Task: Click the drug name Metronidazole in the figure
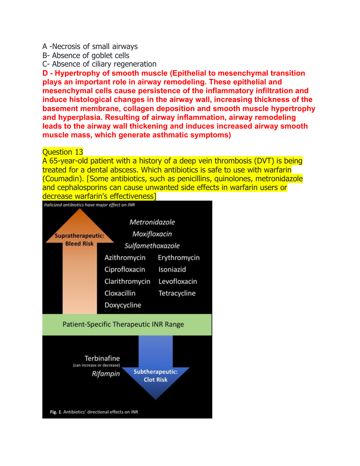point(152,222)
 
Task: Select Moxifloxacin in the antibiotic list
point(152,234)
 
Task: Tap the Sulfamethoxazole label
point(152,246)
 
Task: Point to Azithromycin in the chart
point(125,258)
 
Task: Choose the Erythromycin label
point(178,258)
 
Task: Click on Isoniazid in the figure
point(172,269)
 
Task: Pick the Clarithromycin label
point(127,281)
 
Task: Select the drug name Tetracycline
point(177,293)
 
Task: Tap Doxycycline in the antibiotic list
point(123,305)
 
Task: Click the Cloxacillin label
point(120,293)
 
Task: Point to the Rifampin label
point(106,374)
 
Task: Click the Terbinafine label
point(102,359)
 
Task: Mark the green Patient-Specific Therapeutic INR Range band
point(127,324)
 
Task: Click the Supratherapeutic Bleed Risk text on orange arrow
point(80,240)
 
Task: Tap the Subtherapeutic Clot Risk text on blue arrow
point(155,376)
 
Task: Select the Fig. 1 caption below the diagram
point(94,412)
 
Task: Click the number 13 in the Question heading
point(79,152)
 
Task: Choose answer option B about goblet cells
point(86,56)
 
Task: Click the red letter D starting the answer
point(45,73)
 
